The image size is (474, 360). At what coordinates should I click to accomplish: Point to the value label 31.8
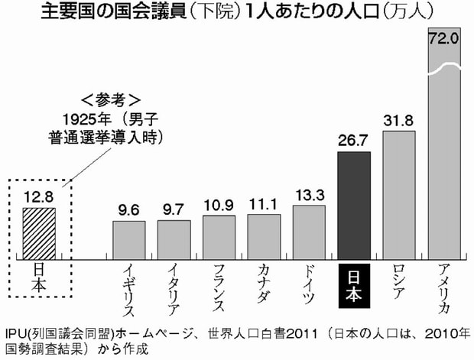[x=399, y=120]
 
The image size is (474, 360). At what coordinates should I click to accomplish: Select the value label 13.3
[x=309, y=193]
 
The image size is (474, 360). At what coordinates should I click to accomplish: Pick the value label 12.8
[x=38, y=196]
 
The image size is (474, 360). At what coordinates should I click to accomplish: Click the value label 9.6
[x=128, y=209]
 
